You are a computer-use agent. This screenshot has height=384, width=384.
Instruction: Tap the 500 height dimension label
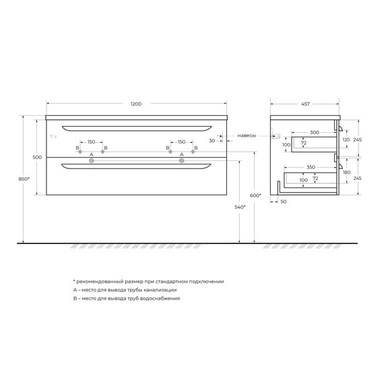[x=38, y=157]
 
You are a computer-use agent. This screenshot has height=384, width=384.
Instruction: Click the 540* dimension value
[x=240, y=207]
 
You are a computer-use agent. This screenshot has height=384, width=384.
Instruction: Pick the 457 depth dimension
[x=306, y=104]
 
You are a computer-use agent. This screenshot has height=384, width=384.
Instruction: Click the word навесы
[x=246, y=135]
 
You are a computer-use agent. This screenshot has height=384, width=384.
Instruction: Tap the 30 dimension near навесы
[x=212, y=141]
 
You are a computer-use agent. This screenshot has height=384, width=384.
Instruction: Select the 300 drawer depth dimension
[x=314, y=132]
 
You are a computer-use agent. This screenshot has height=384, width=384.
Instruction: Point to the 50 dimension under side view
[x=283, y=201]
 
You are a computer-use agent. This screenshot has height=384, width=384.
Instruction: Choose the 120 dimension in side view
[x=346, y=139]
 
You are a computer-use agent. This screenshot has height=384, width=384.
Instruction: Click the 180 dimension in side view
[x=346, y=173]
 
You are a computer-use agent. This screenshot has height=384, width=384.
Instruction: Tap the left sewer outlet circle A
[x=91, y=161]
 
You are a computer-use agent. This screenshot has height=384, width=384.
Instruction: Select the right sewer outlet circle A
[x=181, y=161]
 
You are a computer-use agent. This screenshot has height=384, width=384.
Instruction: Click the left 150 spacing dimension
[x=91, y=142]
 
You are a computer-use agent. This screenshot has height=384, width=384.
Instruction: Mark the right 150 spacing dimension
[x=181, y=142]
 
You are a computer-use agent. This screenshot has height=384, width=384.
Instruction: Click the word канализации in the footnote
[x=162, y=289]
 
